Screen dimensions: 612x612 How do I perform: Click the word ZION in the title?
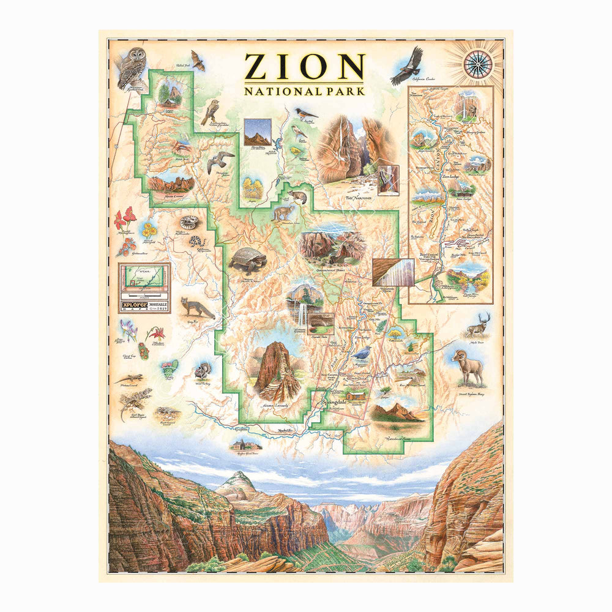coord(304,66)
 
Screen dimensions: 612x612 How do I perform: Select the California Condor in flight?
coord(406,64)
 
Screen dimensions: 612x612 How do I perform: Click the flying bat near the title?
coord(197,60)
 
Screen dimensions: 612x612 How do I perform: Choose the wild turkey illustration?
coord(202,371)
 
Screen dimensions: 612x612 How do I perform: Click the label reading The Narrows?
coord(359,198)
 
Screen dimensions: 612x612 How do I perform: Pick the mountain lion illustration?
coord(282,212)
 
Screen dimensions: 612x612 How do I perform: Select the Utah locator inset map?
coord(144,279)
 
